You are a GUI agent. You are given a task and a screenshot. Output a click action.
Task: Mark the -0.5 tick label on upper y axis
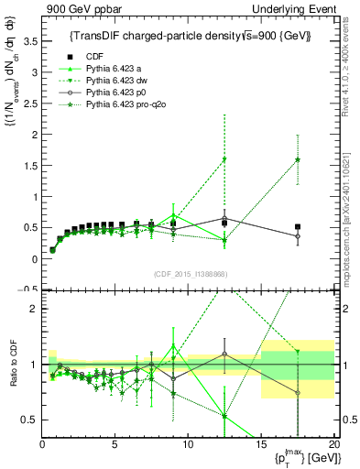[x=28, y=289]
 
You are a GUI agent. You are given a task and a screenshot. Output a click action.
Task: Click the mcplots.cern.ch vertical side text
[x=352, y=220]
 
